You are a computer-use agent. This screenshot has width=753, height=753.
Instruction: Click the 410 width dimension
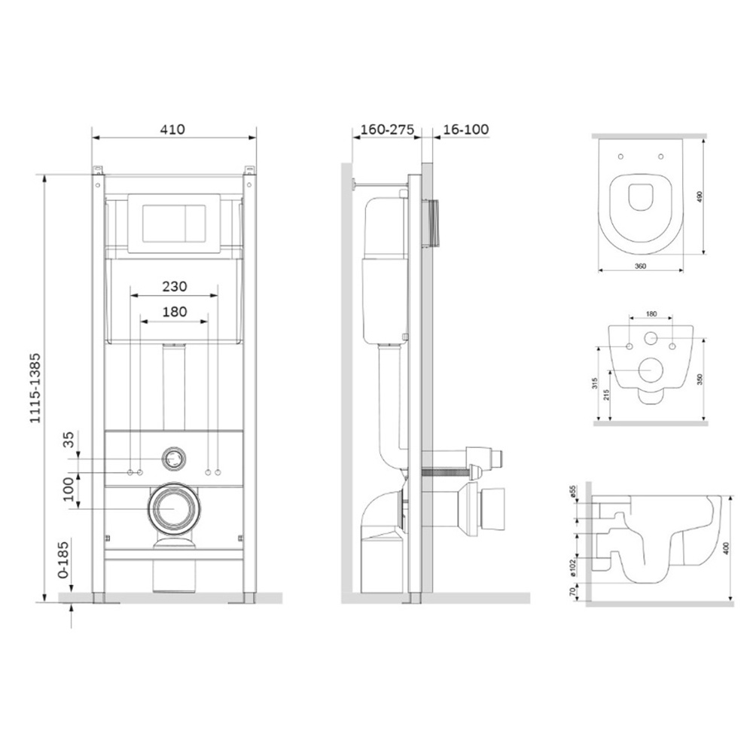[x=172, y=129]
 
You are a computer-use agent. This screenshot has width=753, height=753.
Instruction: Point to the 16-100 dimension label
[x=465, y=129]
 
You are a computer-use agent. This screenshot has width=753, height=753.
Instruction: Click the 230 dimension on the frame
[x=175, y=286]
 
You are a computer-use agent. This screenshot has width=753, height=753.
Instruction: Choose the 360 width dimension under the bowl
[x=639, y=266]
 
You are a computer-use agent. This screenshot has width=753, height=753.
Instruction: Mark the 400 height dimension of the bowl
[x=727, y=548]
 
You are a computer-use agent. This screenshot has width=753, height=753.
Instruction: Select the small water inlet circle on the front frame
[x=174, y=456]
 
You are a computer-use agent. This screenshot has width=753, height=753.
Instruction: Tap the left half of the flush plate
[x=161, y=222]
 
